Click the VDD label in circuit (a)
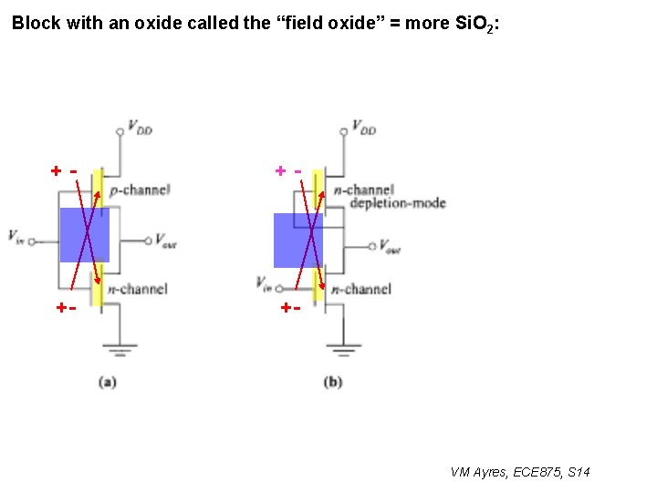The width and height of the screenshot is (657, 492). (140, 128)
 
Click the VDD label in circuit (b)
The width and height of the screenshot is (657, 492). (363, 128)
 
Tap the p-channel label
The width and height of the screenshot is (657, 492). (140, 190)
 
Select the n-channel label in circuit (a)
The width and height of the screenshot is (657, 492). (138, 289)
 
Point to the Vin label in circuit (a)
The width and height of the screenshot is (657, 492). (16, 236)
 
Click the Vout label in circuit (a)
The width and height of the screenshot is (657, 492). (166, 241)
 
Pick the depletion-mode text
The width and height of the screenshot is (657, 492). (397, 202)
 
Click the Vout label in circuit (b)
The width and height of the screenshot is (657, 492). (389, 248)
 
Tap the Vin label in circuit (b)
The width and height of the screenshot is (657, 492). (264, 283)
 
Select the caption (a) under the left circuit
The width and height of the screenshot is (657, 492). (108, 383)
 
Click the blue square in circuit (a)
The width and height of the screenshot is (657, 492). (85, 235)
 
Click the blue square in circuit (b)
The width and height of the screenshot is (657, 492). (298, 241)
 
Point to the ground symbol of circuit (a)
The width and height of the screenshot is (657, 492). (120, 349)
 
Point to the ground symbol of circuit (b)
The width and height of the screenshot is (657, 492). (343, 349)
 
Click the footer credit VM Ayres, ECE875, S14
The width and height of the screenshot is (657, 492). (520, 472)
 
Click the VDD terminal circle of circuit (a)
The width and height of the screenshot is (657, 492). (120, 132)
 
